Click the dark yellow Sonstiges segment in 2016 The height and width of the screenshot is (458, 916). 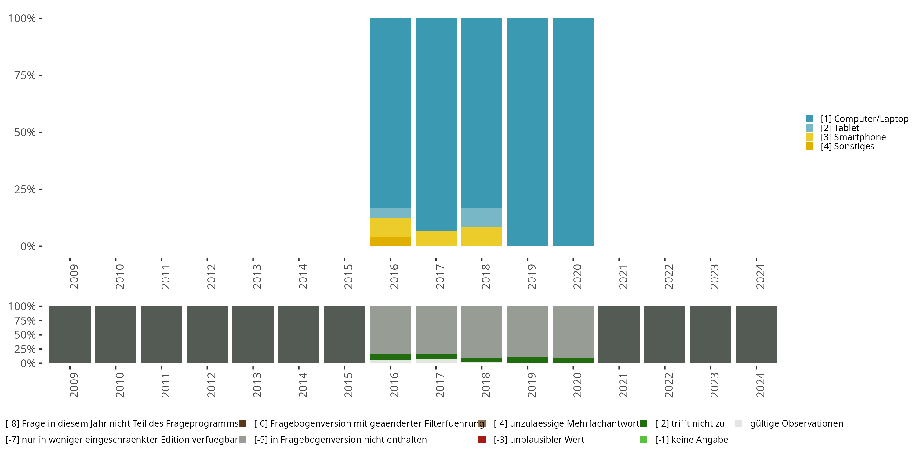click(390, 242)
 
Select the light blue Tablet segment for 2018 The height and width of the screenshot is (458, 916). click(482, 218)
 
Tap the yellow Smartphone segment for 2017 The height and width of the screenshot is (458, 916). click(436, 238)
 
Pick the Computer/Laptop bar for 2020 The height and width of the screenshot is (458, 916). click(573, 132)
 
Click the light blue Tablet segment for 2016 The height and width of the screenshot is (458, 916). click(390, 213)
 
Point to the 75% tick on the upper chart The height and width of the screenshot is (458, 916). click(25, 75)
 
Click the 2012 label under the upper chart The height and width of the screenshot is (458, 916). click(211, 276)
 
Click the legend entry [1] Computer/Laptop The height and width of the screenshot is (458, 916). click(864, 119)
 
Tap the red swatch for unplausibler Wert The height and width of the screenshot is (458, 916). click(482, 439)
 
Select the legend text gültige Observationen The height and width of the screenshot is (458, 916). click(796, 423)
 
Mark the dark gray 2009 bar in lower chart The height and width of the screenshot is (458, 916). click(70, 335)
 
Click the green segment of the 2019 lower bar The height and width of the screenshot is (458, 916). click(527, 360)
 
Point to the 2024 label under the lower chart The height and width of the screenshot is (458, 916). click(760, 385)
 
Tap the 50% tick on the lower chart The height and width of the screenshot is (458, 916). click(25, 335)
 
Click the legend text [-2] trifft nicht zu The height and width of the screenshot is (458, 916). click(689, 423)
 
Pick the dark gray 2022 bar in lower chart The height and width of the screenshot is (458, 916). click(665, 335)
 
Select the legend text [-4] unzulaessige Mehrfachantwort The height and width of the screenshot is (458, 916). click(566, 423)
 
